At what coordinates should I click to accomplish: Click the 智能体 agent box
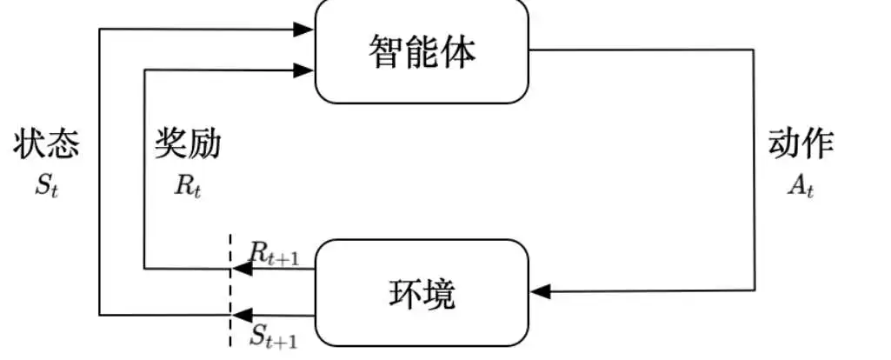422,50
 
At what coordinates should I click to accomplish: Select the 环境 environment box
422,293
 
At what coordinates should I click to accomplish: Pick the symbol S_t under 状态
47,187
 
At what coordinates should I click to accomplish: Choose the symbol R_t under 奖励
188,187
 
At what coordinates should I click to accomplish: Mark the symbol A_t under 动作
801,187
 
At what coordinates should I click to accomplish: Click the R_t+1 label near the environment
274,254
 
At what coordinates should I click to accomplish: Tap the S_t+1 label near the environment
274,337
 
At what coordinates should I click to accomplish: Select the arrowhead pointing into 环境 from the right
541,292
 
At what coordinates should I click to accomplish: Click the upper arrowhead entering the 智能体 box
303,29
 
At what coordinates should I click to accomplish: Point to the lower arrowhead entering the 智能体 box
303,70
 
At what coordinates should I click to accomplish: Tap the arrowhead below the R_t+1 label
242,269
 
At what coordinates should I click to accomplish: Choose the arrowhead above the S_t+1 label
242,315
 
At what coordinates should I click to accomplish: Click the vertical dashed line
230,290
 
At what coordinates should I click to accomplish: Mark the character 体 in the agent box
459,51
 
